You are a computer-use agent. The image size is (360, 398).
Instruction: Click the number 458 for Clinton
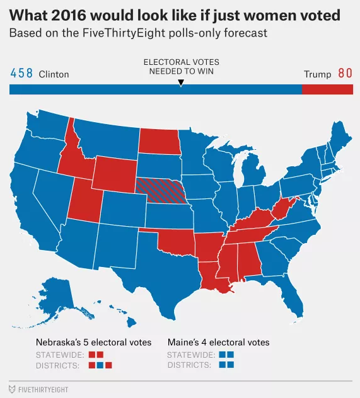tap(21, 74)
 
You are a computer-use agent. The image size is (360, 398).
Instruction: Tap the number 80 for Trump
tap(345, 74)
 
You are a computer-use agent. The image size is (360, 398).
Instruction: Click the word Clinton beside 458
tap(54, 74)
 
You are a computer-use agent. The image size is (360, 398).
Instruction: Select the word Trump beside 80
tap(317, 74)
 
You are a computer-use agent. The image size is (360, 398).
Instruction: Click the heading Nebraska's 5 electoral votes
tap(93, 343)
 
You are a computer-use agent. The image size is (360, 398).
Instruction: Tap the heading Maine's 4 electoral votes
tap(219, 343)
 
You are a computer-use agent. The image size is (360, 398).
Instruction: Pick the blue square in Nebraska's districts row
tap(100, 365)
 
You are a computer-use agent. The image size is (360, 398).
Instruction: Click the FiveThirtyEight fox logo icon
tap(12, 389)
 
